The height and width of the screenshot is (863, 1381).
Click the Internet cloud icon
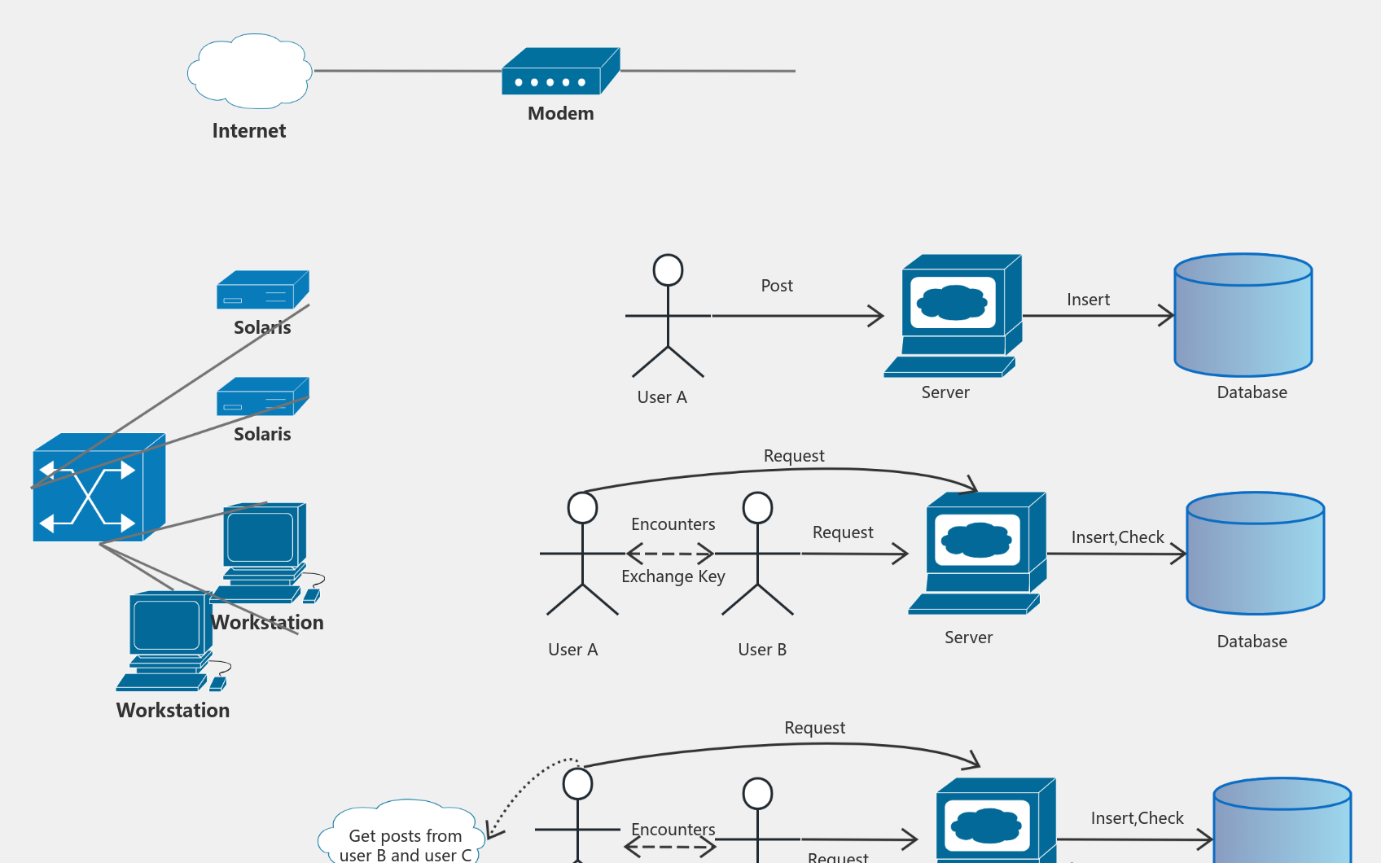(249, 72)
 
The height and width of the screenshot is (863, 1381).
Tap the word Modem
(560, 114)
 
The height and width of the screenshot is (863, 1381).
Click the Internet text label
(248, 131)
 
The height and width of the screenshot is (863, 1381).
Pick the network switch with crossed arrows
(98, 488)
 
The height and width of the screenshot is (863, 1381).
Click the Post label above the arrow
(776, 286)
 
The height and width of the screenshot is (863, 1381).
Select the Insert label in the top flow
(1088, 300)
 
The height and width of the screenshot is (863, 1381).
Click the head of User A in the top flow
(668, 270)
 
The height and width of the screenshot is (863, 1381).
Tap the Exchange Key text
(673, 576)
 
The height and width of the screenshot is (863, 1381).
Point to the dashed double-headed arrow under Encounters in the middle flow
(670, 554)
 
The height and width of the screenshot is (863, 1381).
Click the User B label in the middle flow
(761, 650)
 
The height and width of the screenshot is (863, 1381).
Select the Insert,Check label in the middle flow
(1117, 537)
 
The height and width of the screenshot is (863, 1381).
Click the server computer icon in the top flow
(953, 316)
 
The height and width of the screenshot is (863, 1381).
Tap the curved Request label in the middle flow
(793, 456)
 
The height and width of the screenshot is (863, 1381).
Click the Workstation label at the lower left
(173, 711)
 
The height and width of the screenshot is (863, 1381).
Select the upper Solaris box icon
(262, 290)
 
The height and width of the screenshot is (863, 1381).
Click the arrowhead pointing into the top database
(1168, 316)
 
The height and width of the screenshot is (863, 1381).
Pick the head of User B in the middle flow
(757, 508)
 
